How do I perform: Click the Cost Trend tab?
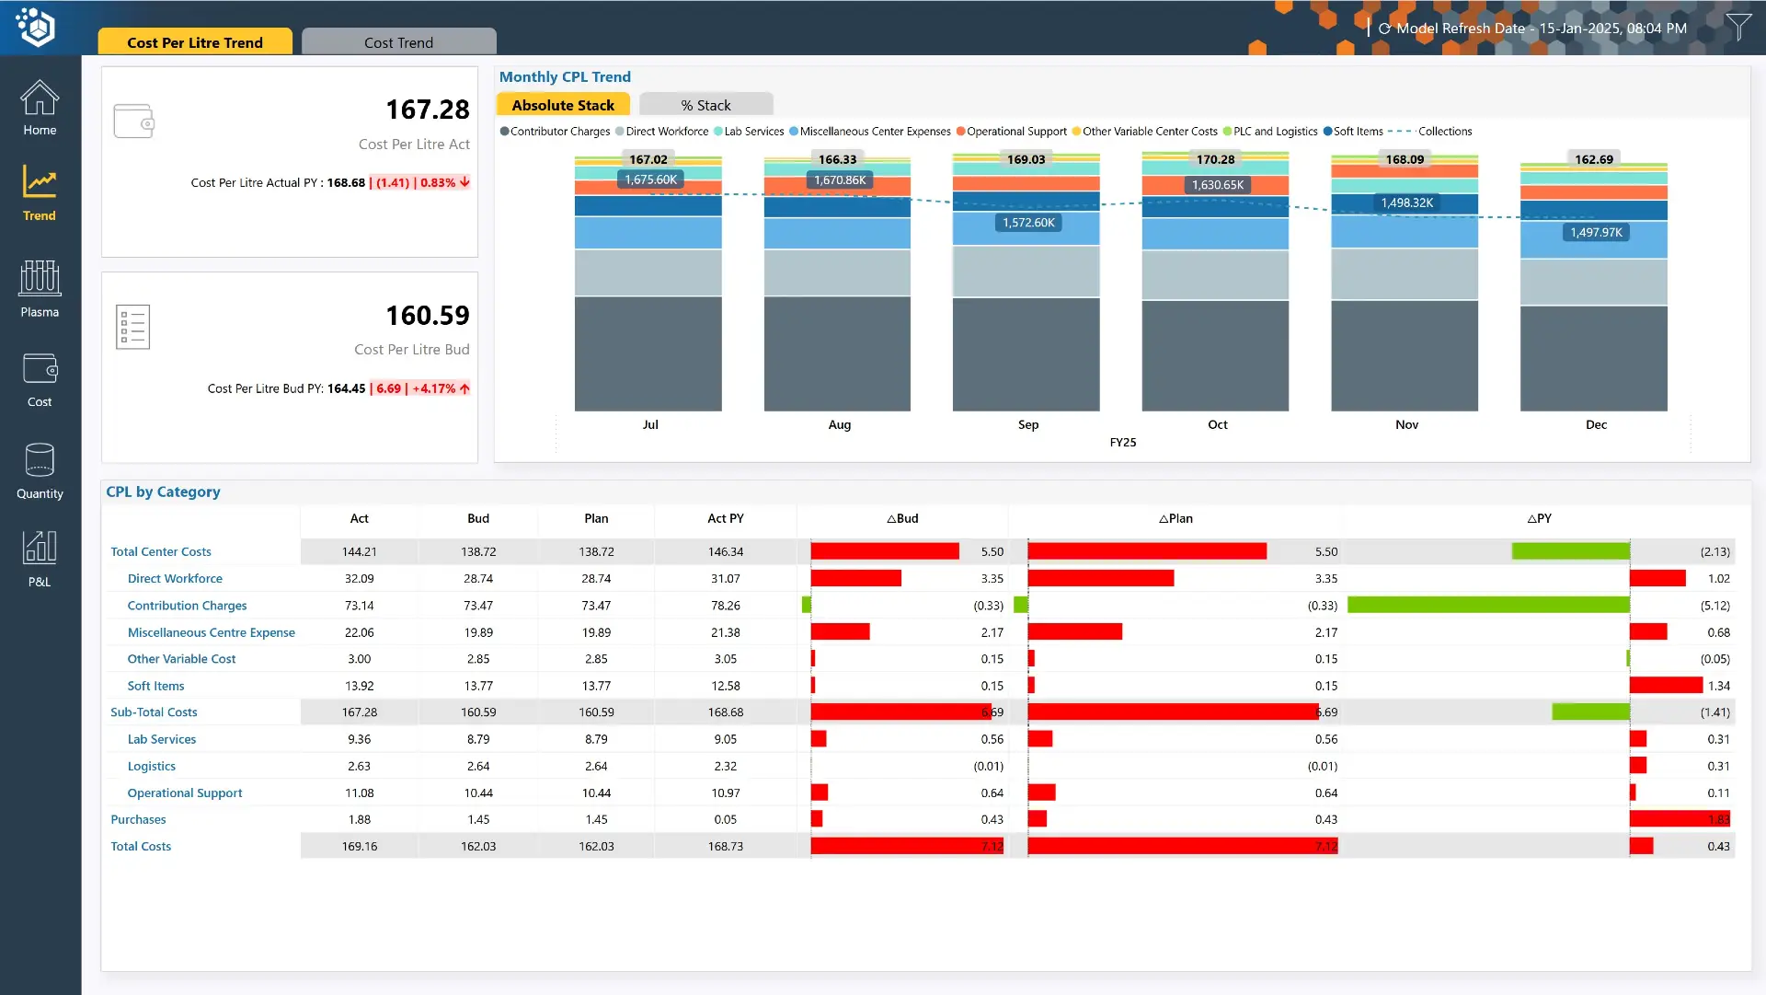tap(398, 42)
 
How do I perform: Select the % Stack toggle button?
tap(705, 105)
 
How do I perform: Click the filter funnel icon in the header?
tap(1737, 27)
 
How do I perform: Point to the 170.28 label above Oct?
tap(1215, 159)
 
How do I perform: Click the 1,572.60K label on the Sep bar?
tap(1028, 223)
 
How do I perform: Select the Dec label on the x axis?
tap(1596, 424)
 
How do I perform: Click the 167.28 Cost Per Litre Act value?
tap(427, 110)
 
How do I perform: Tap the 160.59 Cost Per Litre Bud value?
tap(427, 316)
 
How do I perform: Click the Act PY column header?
tap(725, 518)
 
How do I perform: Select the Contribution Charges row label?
tap(187, 606)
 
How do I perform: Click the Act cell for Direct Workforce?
tap(359, 579)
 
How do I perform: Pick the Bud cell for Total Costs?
tap(477, 847)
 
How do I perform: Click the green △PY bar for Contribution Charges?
tap(1487, 606)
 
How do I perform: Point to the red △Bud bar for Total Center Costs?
tap(884, 551)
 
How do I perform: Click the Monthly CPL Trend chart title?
tap(565, 77)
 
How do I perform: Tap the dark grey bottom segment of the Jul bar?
tap(648, 354)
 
